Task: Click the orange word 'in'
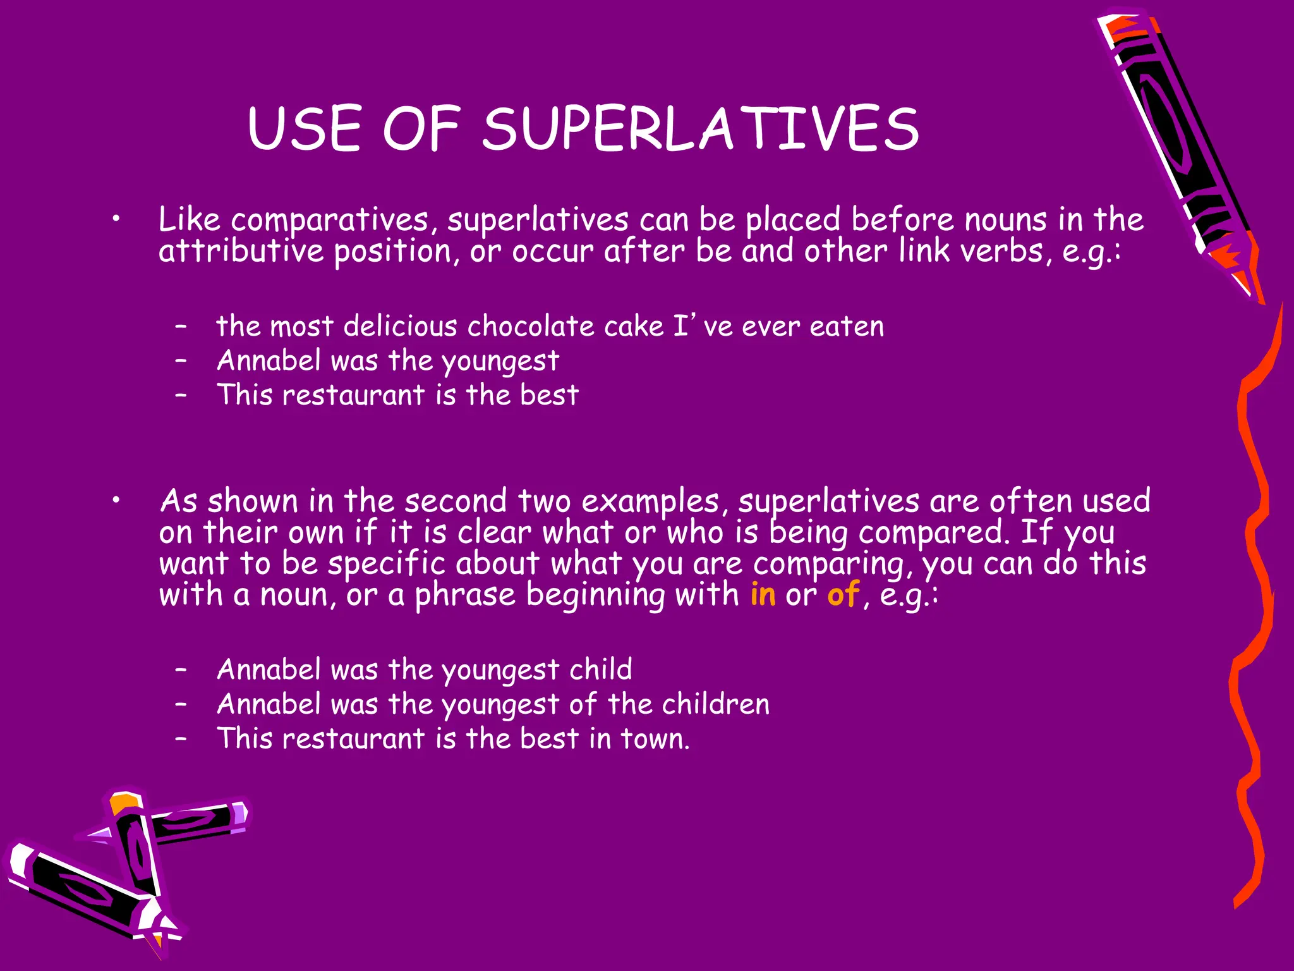coord(763,595)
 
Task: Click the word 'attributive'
coord(241,252)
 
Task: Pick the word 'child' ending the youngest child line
coord(600,669)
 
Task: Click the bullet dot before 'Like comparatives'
coord(115,219)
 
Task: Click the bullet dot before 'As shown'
coord(115,501)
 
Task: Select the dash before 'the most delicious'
coord(181,327)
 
